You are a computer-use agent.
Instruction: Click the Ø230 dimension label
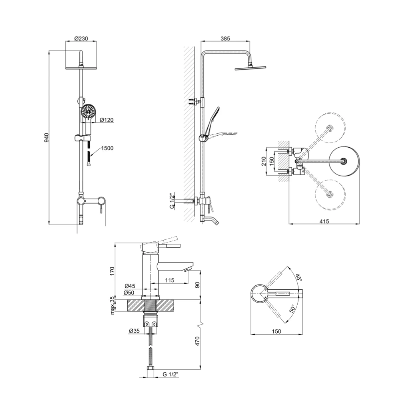click(81, 39)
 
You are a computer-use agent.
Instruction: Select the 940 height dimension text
click(47, 137)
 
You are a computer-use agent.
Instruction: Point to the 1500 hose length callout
click(107, 148)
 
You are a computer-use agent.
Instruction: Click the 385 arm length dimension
click(225, 39)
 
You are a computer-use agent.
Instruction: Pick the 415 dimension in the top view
click(324, 221)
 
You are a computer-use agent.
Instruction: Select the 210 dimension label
click(264, 161)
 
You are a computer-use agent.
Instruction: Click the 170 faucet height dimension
click(112, 271)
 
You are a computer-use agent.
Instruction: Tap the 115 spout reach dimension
click(170, 280)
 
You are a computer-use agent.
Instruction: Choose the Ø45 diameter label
click(130, 286)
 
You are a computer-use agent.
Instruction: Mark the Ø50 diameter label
click(129, 293)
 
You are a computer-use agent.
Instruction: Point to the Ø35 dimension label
click(134, 331)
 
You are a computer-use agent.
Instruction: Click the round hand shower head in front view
click(88, 112)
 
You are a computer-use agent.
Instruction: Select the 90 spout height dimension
click(197, 285)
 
